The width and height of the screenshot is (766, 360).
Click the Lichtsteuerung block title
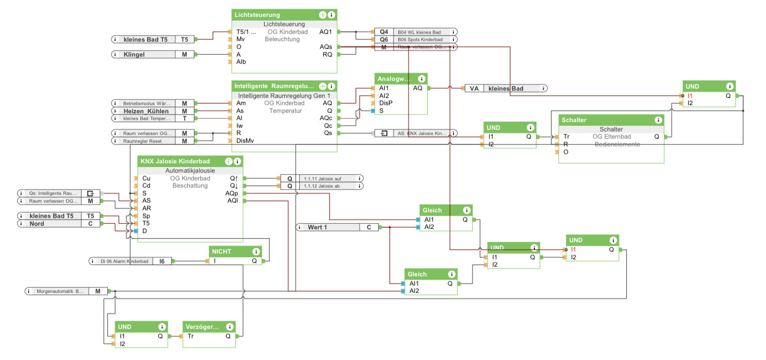coord(257,15)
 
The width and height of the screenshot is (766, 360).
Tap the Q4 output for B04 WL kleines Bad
coord(415,32)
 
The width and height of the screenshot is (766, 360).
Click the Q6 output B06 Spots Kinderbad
coord(415,39)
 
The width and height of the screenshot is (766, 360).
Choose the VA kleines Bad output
coord(506,88)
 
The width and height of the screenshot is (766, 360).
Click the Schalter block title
coord(575,120)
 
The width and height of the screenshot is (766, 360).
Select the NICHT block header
coord(222,251)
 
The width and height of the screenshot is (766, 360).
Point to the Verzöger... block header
coord(202,326)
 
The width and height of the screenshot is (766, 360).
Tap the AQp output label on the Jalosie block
coord(232,193)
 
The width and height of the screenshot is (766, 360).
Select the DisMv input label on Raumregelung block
coord(245,140)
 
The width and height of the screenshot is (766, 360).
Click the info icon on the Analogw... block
coord(421,78)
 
